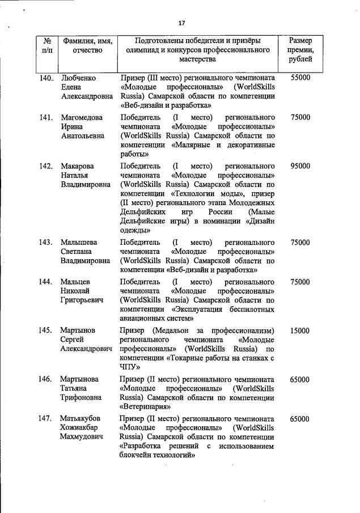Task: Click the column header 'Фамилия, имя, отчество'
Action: [87, 45]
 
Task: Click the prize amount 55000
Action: [300, 77]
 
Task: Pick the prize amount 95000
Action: [300, 166]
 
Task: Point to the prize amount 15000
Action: [300, 330]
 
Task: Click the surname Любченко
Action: [78, 77]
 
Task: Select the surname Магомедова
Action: [83, 117]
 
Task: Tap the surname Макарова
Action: [77, 166]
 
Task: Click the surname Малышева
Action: [79, 242]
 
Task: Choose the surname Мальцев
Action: [75, 282]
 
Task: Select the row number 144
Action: [46, 282]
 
